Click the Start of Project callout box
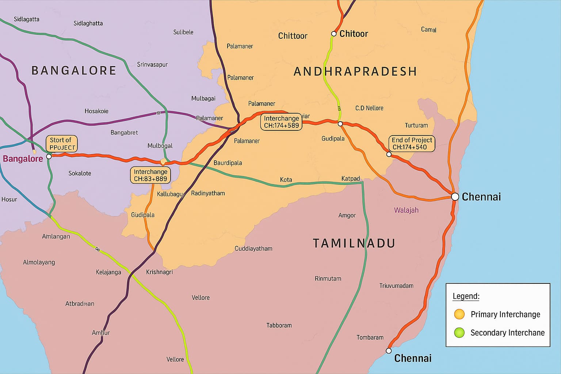tap(61, 144)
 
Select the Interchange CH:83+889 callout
tap(150, 175)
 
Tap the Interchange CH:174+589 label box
tap(281, 122)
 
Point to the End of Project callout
tap(412, 144)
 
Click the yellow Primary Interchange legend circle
tap(459, 314)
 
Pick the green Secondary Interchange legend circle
tap(459, 332)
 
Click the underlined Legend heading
tap(466, 296)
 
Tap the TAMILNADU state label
tap(354, 243)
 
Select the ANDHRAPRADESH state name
tap(355, 71)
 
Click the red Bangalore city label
tap(23, 159)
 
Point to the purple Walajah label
tap(406, 210)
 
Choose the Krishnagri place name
tap(159, 272)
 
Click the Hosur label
tap(9, 199)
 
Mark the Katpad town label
tap(350, 179)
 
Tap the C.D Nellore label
tap(369, 108)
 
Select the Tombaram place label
tap(370, 337)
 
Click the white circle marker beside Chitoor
tap(333, 34)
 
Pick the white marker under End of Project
tap(389, 154)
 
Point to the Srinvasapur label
tap(152, 65)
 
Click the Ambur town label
tap(101, 333)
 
